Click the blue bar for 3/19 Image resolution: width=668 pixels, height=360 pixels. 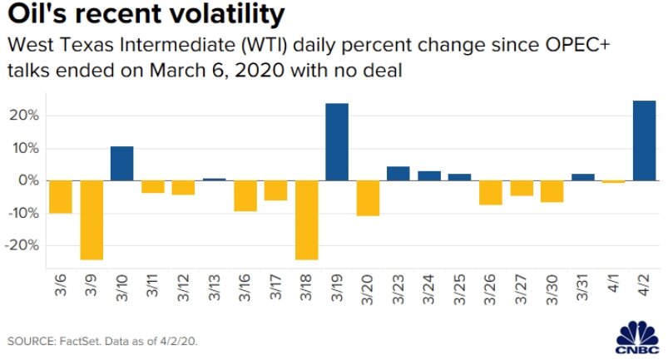tap(336, 142)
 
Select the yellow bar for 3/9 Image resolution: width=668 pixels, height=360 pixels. tap(92, 219)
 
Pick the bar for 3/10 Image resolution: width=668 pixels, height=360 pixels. tap(122, 163)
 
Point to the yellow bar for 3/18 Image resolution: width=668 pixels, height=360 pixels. tap(306, 219)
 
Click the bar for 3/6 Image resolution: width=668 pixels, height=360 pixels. tap(61, 197)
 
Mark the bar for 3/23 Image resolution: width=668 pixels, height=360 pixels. tap(398, 173)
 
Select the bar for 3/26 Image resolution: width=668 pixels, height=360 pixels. tap(491, 192)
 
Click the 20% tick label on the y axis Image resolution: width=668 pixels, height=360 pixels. tap(22, 116)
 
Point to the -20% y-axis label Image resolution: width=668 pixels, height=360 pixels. tap(20, 246)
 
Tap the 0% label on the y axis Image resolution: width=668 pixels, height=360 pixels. tap(27, 180)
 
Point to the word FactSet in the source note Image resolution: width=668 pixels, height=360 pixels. tap(87, 342)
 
